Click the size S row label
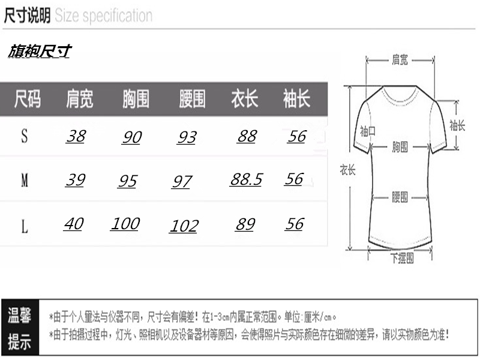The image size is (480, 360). (x=25, y=136)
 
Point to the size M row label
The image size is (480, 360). (x=25, y=180)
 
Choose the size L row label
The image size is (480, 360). (x=25, y=227)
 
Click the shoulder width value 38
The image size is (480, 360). (x=76, y=136)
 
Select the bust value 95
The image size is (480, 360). (x=127, y=181)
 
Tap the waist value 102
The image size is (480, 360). (x=184, y=226)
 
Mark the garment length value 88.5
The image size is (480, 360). (x=246, y=179)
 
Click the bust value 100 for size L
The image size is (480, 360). (x=125, y=224)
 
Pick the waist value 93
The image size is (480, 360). (x=187, y=137)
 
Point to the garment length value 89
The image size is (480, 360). (x=245, y=224)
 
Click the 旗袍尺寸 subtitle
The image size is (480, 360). (x=39, y=52)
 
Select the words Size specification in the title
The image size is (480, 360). (x=103, y=16)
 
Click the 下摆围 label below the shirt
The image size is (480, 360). (x=401, y=259)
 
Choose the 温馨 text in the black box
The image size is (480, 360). (x=19, y=316)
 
